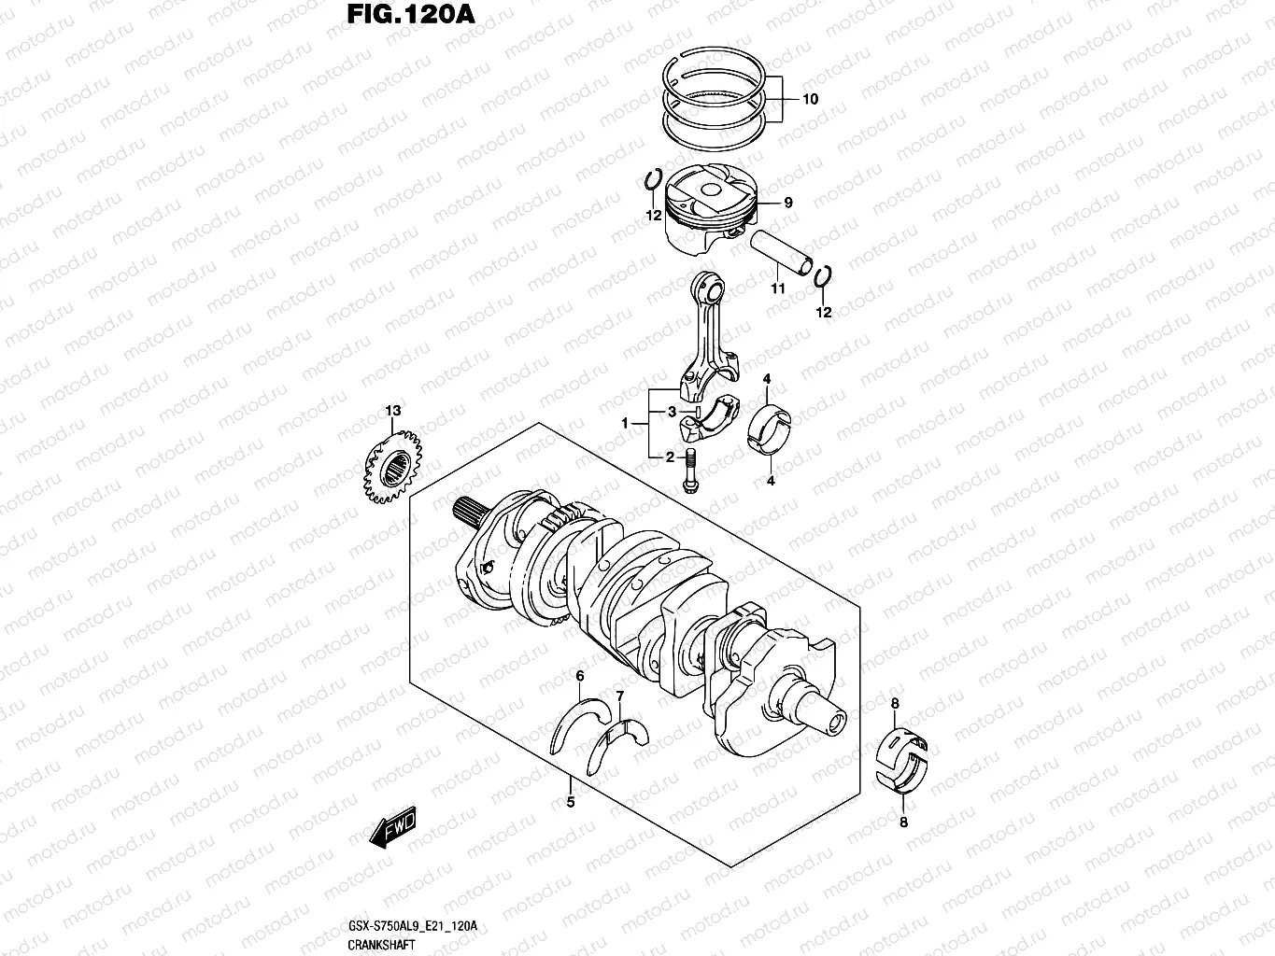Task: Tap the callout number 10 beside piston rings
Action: click(810, 98)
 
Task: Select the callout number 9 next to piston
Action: click(788, 203)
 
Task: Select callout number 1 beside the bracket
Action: click(625, 424)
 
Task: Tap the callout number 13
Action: click(393, 411)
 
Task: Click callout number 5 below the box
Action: click(571, 801)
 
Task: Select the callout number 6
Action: click(580, 676)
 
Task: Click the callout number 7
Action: click(619, 696)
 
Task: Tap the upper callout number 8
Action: click(894, 703)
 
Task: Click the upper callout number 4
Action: click(766, 378)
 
